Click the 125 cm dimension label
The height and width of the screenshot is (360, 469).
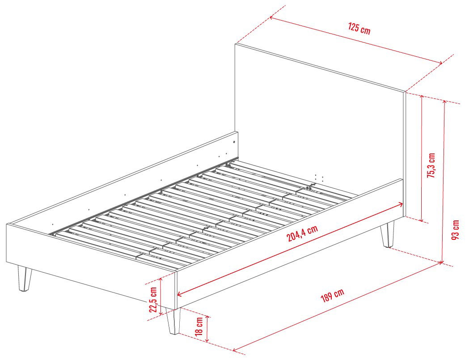tap(359, 28)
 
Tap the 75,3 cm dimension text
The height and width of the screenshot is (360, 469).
tap(431, 165)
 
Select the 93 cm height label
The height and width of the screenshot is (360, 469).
tap(455, 230)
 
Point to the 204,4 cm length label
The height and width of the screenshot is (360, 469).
tap(302, 233)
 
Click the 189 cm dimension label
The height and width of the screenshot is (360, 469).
tap(332, 295)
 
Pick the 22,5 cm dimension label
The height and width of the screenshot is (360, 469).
tap(153, 300)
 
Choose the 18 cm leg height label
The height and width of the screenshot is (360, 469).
tap(199, 326)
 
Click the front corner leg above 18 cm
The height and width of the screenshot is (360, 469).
tap(173, 321)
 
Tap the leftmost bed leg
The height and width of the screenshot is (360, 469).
tap(25, 278)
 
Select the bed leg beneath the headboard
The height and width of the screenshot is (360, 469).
tap(387, 234)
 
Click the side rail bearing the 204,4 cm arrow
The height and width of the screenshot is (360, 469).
tap(290, 244)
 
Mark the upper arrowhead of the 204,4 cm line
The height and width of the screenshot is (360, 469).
tap(401, 204)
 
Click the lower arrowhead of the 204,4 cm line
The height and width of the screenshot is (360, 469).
tap(180, 294)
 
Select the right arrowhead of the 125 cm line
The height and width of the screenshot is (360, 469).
tap(440, 63)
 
